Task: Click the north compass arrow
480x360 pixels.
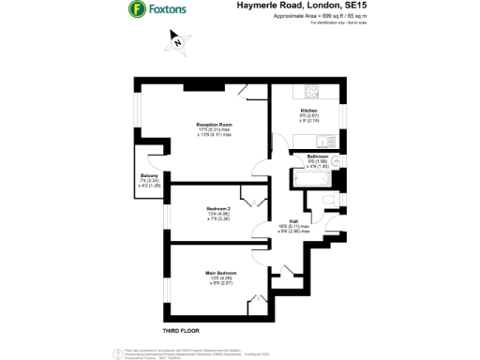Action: pos(174,40)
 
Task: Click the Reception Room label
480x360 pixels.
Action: pos(214,124)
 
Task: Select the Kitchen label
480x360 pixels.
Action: pos(309,111)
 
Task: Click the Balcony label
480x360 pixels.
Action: pos(150,175)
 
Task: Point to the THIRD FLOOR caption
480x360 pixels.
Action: pos(182,331)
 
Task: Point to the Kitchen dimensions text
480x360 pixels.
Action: pos(309,118)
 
